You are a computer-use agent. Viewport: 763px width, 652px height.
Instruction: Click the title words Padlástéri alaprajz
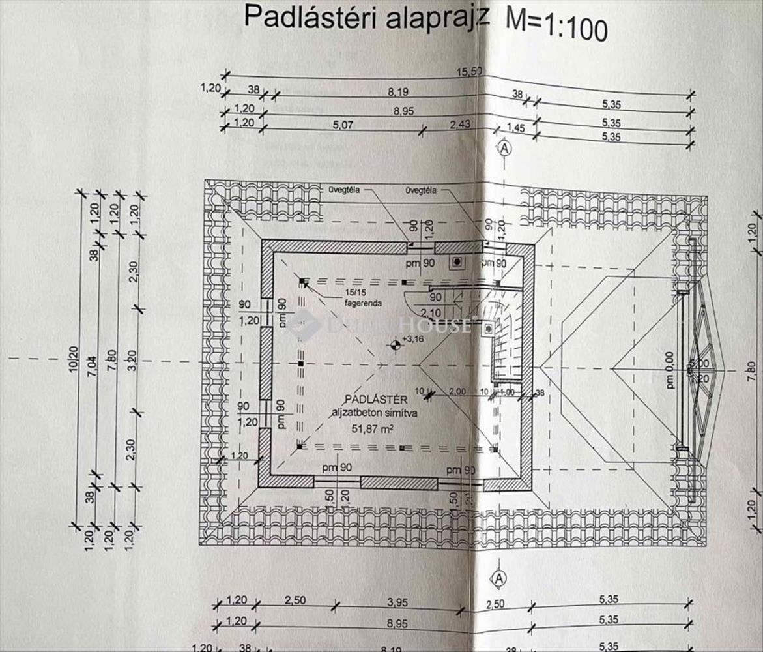366,18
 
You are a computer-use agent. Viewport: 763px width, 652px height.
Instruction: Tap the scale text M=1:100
556,28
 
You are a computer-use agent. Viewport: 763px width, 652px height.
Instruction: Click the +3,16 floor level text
413,339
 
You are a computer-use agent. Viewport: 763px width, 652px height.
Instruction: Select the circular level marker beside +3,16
394,344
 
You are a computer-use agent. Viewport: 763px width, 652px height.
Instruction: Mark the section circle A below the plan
499,578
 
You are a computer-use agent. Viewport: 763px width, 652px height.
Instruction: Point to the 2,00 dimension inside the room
457,391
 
